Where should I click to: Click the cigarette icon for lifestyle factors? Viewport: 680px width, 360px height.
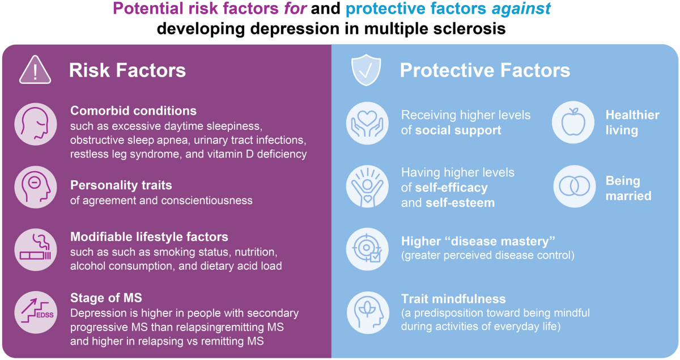point(35,250)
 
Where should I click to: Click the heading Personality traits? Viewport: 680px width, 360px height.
point(121,185)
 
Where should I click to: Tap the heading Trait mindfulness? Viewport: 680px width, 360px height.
point(453,298)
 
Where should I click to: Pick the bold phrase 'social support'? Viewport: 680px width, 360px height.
point(458,130)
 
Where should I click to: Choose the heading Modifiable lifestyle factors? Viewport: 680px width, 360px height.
point(149,236)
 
